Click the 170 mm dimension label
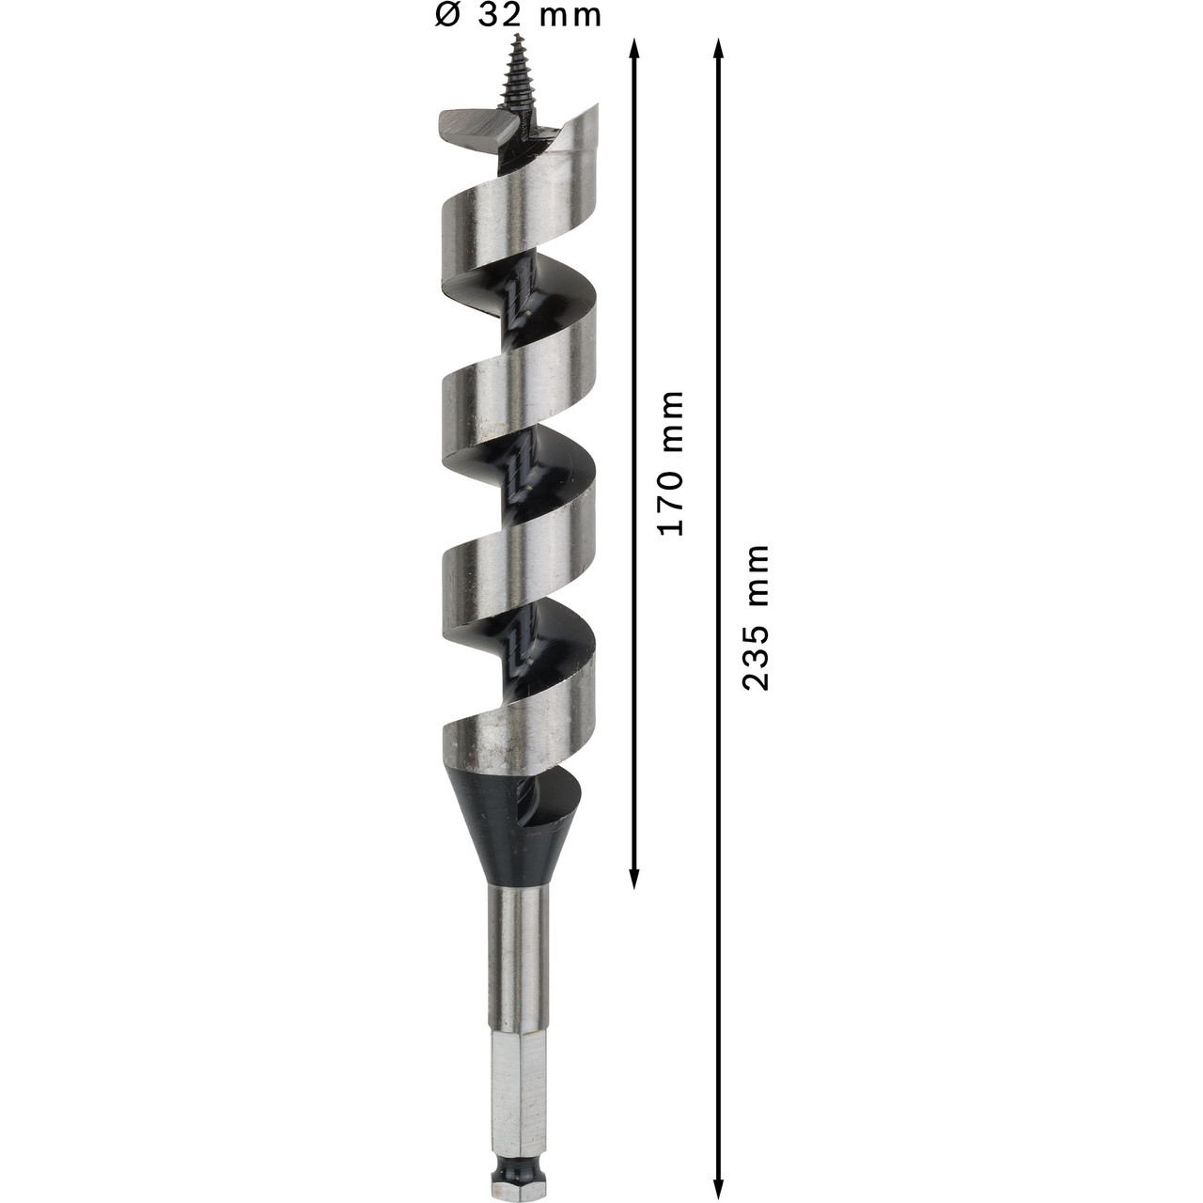tap(671, 463)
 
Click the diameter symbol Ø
tap(447, 16)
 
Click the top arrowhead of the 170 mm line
tap(633, 47)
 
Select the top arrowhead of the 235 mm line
tap(718, 47)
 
